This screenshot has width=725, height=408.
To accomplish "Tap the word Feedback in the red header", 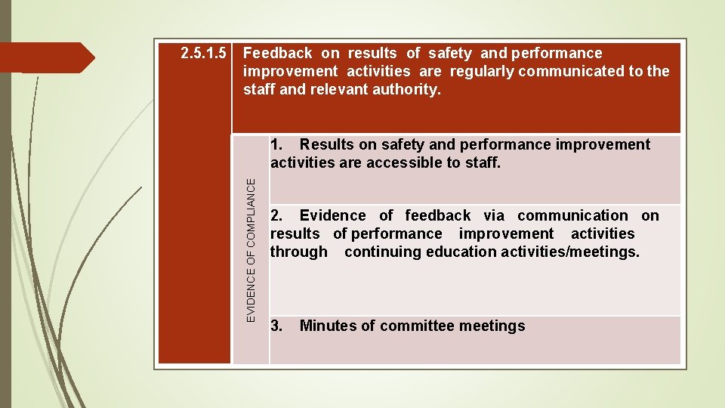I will coord(277,54).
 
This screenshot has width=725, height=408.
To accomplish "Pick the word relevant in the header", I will coord(339,90).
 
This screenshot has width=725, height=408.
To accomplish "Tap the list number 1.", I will coord(277,144).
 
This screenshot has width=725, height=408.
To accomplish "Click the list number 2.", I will coord(277,216).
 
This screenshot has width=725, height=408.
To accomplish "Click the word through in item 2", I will coord(299,252).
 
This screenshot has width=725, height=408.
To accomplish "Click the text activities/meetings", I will coord(569,252).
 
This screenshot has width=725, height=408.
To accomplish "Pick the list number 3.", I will coord(277,326).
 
